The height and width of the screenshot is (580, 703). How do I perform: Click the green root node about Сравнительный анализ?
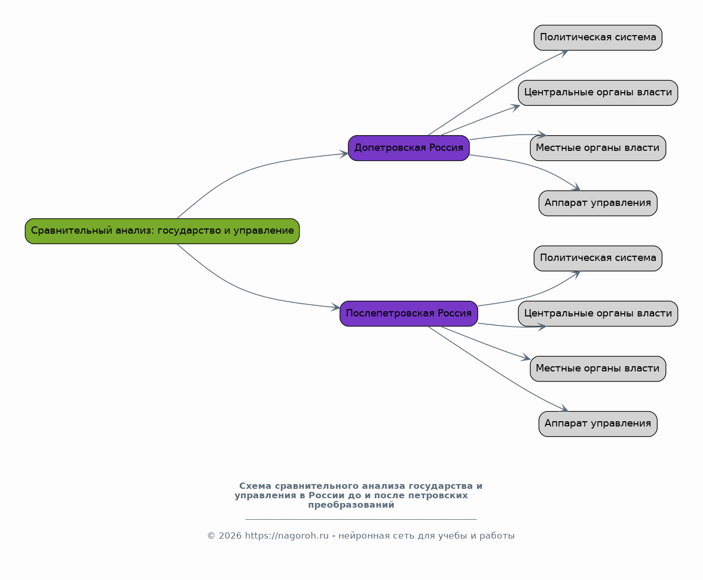(162, 231)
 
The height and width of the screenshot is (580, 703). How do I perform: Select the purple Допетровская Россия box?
(408, 148)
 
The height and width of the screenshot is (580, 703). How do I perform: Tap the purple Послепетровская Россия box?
(408, 313)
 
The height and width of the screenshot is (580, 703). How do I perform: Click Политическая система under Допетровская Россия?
(598, 37)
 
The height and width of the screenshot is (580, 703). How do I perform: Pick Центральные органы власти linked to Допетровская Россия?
(598, 93)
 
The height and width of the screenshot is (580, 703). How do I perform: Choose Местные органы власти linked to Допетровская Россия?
(598, 148)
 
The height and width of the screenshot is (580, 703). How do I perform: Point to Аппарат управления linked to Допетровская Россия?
(598, 203)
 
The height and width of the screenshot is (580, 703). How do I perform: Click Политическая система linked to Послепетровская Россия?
(598, 258)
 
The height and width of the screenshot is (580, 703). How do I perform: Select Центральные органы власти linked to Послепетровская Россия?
(598, 313)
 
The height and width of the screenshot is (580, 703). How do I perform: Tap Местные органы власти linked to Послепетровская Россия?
(598, 368)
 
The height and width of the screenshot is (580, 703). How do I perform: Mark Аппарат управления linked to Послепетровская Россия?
(598, 424)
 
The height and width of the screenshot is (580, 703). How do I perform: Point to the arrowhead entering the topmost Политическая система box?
(564, 53)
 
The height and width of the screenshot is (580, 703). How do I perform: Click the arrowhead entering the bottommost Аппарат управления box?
(564, 408)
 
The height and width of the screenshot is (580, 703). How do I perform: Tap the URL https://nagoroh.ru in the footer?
(286, 535)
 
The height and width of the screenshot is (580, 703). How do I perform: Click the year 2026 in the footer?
(230, 535)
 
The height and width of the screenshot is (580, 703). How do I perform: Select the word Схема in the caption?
(255, 486)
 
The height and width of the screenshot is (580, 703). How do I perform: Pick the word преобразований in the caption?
(351, 505)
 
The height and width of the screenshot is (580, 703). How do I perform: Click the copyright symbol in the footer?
(211, 535)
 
